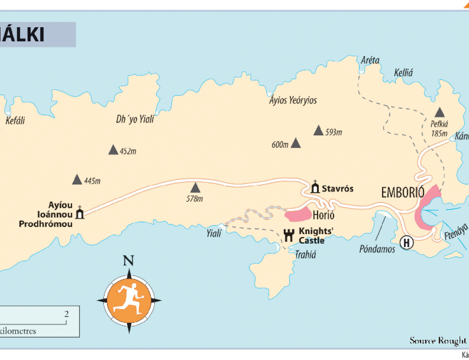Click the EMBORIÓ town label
(403, 193)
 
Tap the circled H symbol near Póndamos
(406, 243)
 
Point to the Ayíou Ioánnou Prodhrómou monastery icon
(80, 213)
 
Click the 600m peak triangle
(296, 143)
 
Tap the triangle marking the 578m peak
(195, 187)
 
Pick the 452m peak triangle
(113, 150)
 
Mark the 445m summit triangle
(77, 179)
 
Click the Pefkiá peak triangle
(439, 112)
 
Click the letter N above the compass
(128, 261)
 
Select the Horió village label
(322, 215)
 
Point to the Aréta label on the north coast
(370, 61)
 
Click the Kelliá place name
(403, 73)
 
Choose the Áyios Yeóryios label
(293, 101)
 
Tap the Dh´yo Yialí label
(135, 120)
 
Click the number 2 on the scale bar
(66, 314)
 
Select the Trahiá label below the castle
(305, 255)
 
